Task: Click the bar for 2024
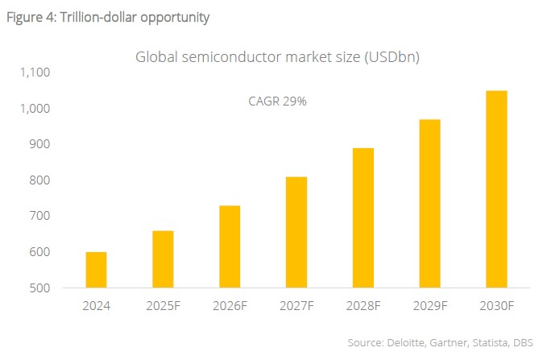click(97, 270)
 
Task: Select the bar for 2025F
click(163, 259)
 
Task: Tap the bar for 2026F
click(230, 246)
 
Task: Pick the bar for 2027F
click(296, 232)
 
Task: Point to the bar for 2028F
click(363, 217)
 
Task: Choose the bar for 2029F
click(429, 203)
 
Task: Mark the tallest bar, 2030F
click(496, 188)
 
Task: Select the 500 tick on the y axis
click(40, 288)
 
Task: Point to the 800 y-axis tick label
click(40, 180)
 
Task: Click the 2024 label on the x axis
click(97, 307)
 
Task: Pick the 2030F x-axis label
click(496, 307)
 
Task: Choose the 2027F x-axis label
click(296, 307)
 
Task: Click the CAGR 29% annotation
click(277, 102)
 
